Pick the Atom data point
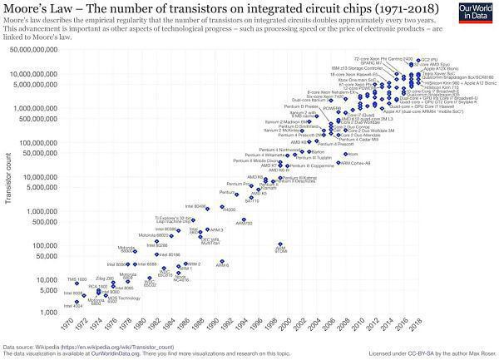point(343,154)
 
